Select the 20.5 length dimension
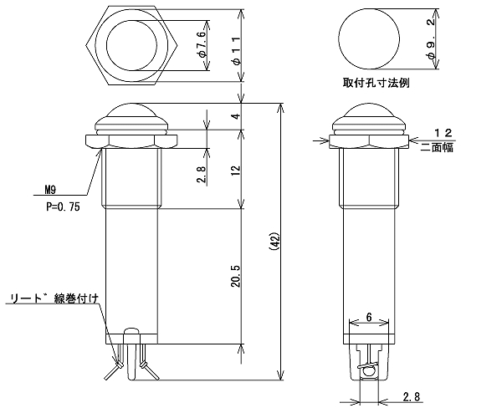coord(238,276)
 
